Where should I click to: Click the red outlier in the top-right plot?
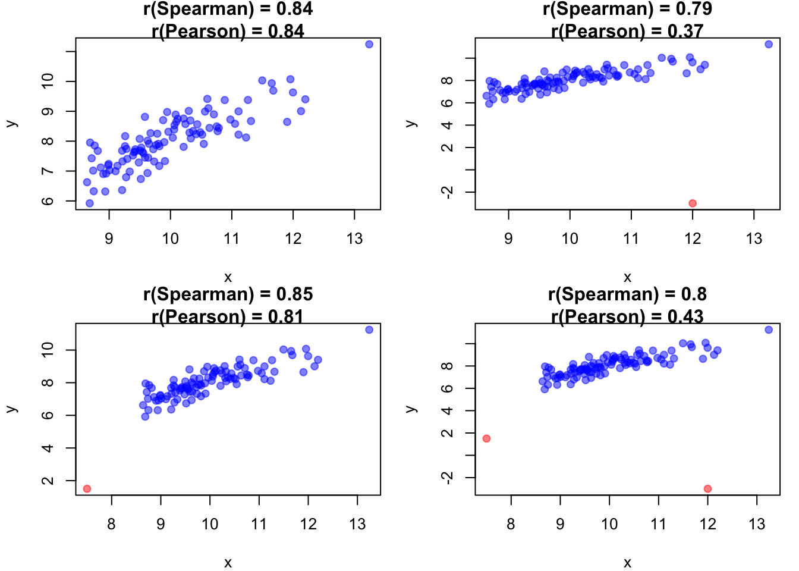[x=693, y=203]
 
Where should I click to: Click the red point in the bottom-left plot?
[x=87, y=489]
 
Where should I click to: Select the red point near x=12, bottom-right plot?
[x=707, y=489]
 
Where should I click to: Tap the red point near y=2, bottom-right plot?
[x=486, y=438]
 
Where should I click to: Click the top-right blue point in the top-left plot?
[x=369, y=44]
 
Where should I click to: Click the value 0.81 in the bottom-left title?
[x=286, y=316]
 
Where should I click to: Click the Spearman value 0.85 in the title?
[x=294, y=294]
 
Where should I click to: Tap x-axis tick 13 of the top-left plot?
[x=354, y=239]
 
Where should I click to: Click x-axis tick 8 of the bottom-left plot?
[x=111, y=525]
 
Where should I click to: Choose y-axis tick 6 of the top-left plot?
[x=48, y=201]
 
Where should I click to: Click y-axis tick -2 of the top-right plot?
[x=448, y=192]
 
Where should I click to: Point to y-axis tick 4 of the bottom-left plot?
[x=48, y=448]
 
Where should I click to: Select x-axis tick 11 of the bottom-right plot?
[x=659, y=525]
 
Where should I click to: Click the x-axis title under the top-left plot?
[x=228, y=277]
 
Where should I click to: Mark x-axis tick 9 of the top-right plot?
[x=508, y=239]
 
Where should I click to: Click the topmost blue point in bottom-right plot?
[x=769, y=330]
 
